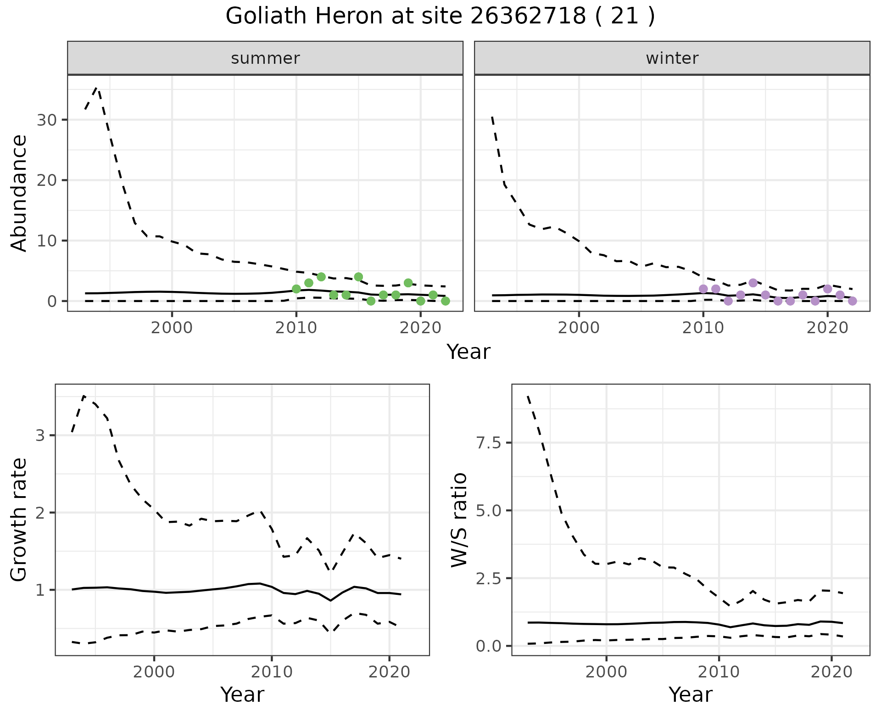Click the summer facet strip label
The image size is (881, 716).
coord(265,58)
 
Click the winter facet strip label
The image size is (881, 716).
coord(672,58)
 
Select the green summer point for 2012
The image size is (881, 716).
coord(321,277)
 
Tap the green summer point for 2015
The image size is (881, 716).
coord(358,277)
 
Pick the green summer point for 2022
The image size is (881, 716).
coord(445,301)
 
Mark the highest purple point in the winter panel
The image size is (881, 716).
coord(753,283)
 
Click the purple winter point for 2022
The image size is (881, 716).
coord(852,301)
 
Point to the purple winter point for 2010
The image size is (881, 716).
coord(703,289)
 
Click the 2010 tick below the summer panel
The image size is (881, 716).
coord(296,328)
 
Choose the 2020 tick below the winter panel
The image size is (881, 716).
coord(827,328)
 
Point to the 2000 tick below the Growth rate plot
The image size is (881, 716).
coord(154,672)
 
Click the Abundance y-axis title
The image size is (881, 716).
coord(19,193)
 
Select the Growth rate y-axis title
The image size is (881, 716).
coord(19,520)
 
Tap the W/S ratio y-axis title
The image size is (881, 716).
coord(459,520)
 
